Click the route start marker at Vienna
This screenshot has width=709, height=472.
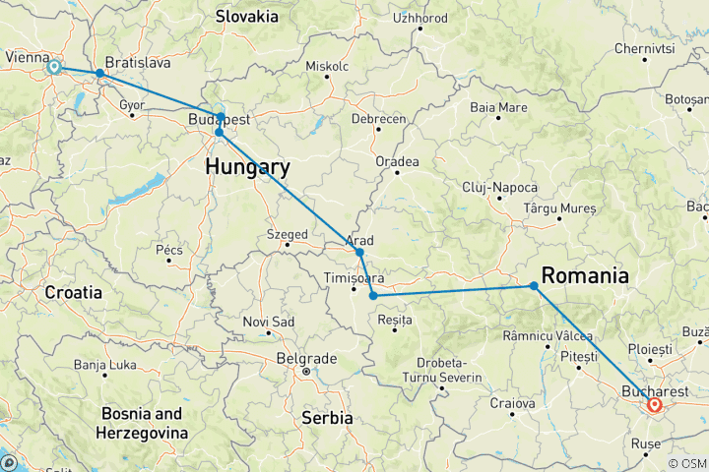click(x=54, y=67)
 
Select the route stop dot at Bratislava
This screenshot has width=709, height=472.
click(x=99, y=73)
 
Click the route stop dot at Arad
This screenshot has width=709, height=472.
click(x=360, y=253)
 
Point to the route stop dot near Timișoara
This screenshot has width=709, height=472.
click(x=373, y=296)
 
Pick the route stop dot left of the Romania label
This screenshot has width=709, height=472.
click(x=534, y=286)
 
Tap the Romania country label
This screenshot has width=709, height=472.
click(x=586, y=276)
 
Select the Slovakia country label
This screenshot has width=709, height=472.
click(x=249, y=16)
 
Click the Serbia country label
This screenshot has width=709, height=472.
click(x=326, y=418)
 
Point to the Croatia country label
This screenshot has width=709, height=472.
click(x=73, y=292)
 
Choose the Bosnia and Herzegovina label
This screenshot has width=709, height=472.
click(x=142, y=423)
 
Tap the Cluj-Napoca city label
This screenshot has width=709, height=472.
click(x=502, y=187)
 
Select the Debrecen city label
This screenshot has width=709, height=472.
click(x=379, y=118)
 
